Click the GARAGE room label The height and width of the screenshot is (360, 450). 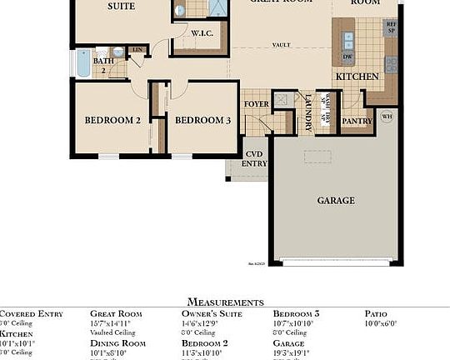coord(336,200)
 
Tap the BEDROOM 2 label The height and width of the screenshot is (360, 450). coord(112,120)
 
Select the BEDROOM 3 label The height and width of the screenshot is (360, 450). coord(202,120)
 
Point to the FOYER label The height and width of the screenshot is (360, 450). coord(256,104)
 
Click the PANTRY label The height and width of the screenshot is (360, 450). coord(357,121)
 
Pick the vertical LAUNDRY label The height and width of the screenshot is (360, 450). coord(308,113)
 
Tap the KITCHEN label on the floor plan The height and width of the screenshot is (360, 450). coord(357,77)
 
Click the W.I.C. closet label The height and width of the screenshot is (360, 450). coord(202,34)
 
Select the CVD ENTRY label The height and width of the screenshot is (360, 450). coord(255,159)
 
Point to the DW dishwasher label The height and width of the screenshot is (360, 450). coord(348,57)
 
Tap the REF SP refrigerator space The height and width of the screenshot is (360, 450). coord(391,27)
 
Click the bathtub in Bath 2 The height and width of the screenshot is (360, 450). coord(83,62)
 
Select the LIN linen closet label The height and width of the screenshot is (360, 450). coord(137,51)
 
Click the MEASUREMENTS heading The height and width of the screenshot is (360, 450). coord(225,302)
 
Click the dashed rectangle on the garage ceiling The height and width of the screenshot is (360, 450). coord(318,157)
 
